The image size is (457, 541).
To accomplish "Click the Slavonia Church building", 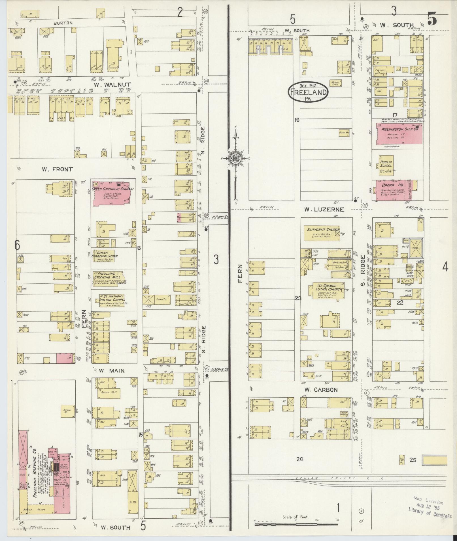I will (x=321, y=233).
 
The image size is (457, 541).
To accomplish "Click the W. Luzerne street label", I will (x=324, y=210).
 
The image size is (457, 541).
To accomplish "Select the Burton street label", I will (x=63, y=23).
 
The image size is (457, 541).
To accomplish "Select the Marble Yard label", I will (x=335, y=83).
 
